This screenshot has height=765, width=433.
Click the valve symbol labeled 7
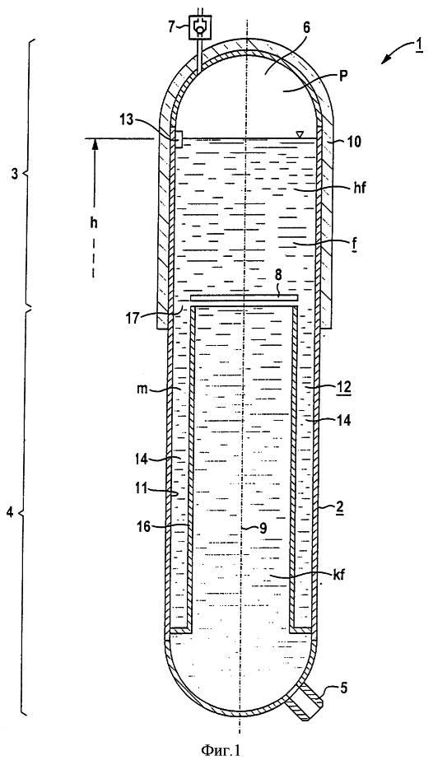(x=200, y=28)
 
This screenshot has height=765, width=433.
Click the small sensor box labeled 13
(x=178, y=139)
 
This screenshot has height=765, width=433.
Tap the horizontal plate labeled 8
(x=244, y=297)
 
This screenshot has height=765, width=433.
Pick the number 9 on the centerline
(x=263, y=529)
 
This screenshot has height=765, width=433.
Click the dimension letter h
(x=94, y=223)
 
